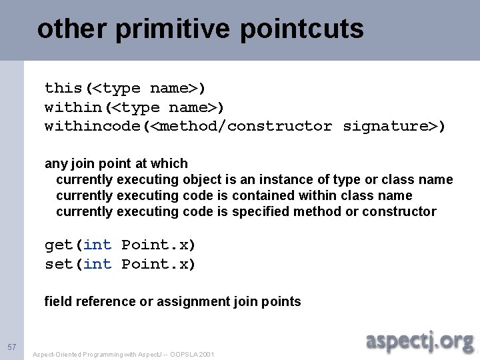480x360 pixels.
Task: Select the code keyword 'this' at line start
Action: tap(63, 87)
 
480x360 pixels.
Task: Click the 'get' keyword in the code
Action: tap(59, 245)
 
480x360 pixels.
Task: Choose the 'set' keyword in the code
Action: tap(59, 264)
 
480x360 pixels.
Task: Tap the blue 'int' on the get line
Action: tap(97, 245)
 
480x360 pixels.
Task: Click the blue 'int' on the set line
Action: tap(97, 264)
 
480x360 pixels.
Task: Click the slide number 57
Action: tap(11, 347)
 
